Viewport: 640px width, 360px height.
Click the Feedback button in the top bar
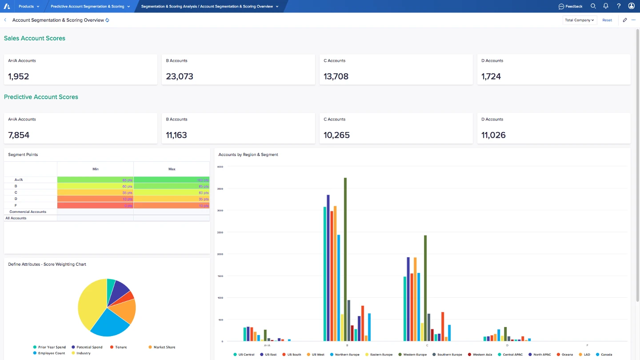pyautogui.click(x=570, y=6)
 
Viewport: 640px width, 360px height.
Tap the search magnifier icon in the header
pyautogui.click(x=593, y=6)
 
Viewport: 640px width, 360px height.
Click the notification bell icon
pyautogui.click(x=606, y=6)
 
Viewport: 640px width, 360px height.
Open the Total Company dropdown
pyautogui.click(x=579, y=20)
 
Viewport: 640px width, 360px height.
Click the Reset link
pyautogui.click(x=607, y=20)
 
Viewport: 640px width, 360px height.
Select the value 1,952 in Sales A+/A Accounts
pyautogui.click(x=19, y=76)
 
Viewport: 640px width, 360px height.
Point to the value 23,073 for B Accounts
pyautogui.click(x=180, y=76)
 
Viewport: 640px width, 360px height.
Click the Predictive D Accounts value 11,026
pyautogui.click(x=493, y=135)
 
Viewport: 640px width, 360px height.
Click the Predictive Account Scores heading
pyautogui.click(x=41, y=97)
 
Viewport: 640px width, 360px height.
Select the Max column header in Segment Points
pyautogui.click(x=172, y=169)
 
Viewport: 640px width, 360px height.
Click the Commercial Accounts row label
pyautogui.click(x=28, y=212)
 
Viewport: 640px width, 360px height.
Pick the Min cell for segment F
pyautogui.click(x=95, y=205)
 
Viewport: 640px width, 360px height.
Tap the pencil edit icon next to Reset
pyautogui.click(x=625, y=20)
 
